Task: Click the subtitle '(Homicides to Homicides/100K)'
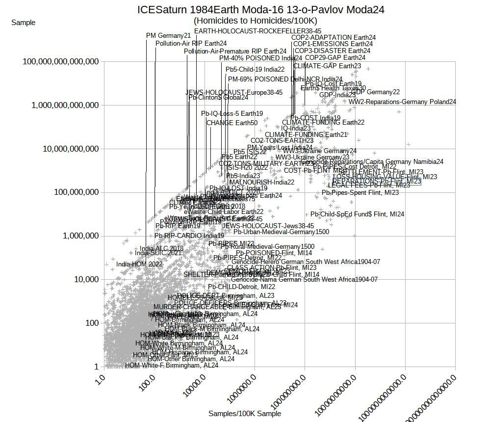click(255, 21)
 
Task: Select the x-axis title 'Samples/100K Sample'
click(245, 414)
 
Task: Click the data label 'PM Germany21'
click(168, 35)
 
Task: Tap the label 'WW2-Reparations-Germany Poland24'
click(402, 102)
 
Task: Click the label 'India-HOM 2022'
click(139, 264)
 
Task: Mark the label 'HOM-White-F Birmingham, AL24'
click(172, 365)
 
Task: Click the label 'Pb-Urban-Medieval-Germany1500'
click(281, 232)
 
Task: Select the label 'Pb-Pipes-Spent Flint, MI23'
click(360, 193)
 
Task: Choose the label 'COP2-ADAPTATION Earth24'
click(333, 37)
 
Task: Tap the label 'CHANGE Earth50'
click(231, 123)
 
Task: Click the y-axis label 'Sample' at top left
click(23, 23)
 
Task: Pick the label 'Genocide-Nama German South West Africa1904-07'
click(304, 280)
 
